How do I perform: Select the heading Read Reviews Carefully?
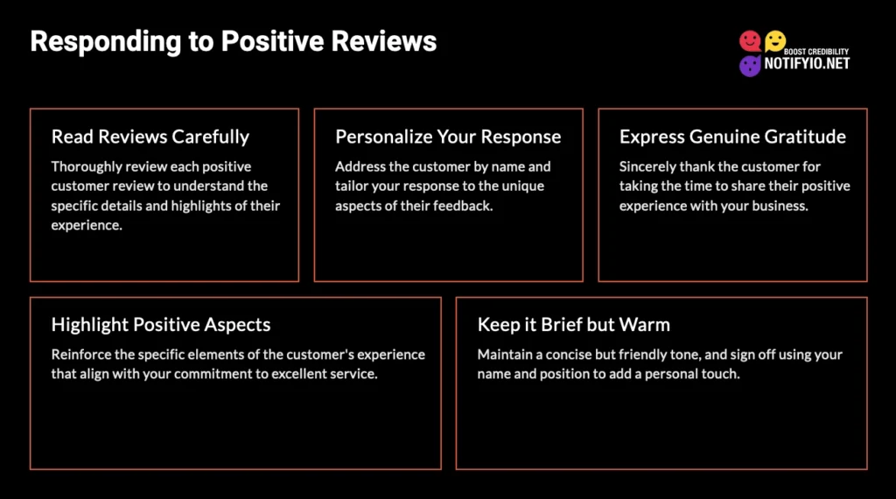point(150,137)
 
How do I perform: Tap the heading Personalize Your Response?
point(448,137)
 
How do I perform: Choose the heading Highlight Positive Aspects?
point(161,325)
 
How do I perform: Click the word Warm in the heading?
point(645,325)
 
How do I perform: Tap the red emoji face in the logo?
point(750,41)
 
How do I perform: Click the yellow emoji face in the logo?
point(775,40)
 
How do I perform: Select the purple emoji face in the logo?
point(750,66)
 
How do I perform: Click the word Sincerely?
point(649,166)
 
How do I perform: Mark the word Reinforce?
point(83,355)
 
